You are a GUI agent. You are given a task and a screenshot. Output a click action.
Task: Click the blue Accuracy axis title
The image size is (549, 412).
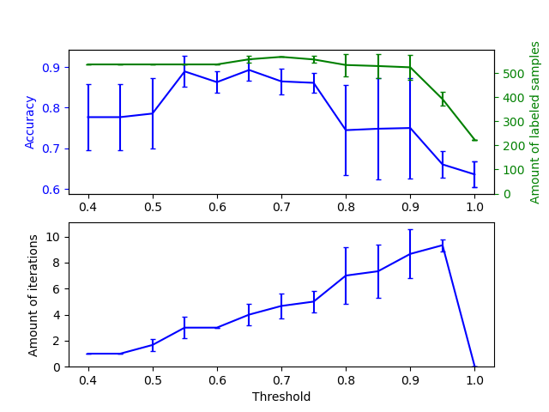pyautogui.click(x=30, y=122)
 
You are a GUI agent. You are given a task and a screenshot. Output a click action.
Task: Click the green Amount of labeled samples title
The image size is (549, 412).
pyautogui.click(x=535, y=122)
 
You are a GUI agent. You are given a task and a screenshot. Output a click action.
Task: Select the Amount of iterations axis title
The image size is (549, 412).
pyautogui.click(x=33, y=294)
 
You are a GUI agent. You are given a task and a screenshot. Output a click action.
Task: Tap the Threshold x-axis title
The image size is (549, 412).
pyautogui.click(x=281, y=397)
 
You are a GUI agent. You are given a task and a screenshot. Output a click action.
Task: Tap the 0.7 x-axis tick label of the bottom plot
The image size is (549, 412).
pyautogui.click(x=281, y=380)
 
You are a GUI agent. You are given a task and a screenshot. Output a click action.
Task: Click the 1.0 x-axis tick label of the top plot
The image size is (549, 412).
pyautogui.click(x=474, y=208)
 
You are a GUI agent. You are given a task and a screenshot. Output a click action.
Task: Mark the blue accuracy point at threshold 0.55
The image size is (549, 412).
pyautogui.click(x=184, y=71)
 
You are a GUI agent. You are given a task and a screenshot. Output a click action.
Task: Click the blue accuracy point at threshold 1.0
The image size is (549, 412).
pyautogui.click(x=474, y=174)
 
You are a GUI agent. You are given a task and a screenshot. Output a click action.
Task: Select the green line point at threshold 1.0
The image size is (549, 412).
pyautogui.click(x=474, y=140)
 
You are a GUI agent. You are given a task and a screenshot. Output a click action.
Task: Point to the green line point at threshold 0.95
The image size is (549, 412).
pyautogui.click(x=443, y=99)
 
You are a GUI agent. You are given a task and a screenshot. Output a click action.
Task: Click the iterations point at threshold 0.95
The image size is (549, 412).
pyautogui.click(x=443, y=245)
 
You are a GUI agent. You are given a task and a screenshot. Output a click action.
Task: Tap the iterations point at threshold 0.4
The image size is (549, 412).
pyautogui.click(x=88, y=354)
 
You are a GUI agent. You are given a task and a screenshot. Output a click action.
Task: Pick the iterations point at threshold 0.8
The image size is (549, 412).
pyautogui.click(x=346, y=276)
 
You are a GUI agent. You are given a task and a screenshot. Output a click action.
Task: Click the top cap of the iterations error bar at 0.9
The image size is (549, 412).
pyautogui.click(x=410, y=230)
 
